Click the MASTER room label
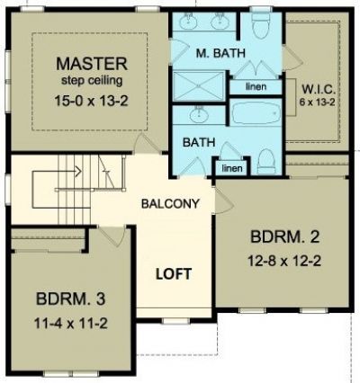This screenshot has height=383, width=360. (92, 64)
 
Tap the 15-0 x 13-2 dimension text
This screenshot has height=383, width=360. (91, 101)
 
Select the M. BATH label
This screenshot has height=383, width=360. (220, 53)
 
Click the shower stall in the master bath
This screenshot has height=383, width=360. (199, 86)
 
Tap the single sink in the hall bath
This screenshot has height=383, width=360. (198, 114)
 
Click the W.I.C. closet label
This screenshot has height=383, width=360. (318, 89)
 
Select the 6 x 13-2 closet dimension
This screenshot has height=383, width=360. (318, 102)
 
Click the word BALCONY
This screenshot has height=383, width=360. (170, 204)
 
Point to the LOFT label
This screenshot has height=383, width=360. (174, 274)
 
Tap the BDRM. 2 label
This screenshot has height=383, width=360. (284, 236)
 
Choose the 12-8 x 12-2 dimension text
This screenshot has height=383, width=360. (284, 261)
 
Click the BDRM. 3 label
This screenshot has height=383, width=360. (70, 298)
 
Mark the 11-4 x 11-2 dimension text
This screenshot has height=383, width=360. (70, 324)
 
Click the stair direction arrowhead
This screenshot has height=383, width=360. (78, 172)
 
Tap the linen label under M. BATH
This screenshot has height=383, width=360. (256, 87)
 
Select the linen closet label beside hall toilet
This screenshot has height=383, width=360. (232, 168)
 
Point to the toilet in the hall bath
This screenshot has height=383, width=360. (266, 162)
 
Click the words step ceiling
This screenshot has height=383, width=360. (92, 81)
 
